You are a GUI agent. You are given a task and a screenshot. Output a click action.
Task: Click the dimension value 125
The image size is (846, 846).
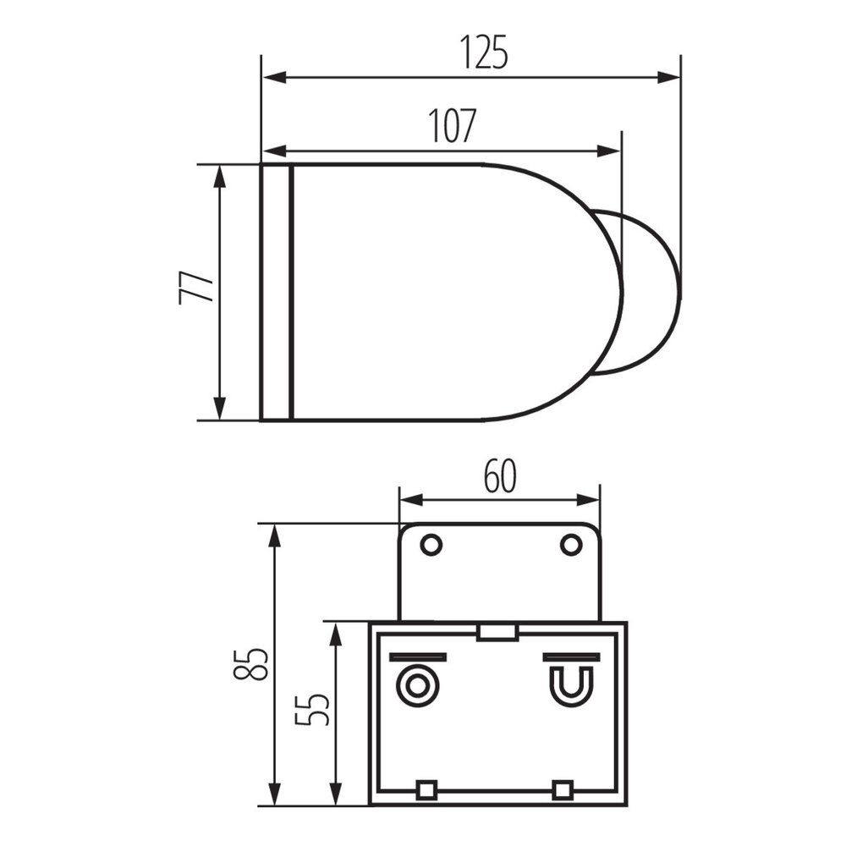click(485, 53)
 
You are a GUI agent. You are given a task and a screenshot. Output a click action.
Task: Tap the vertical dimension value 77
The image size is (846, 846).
click(194, 287)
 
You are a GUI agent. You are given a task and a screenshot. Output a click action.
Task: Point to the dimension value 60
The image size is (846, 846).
click(500, 478)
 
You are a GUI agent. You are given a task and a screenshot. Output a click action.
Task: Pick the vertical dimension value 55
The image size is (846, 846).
click(312, 710)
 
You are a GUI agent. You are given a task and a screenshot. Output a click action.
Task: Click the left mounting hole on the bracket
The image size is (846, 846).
click(431, 545)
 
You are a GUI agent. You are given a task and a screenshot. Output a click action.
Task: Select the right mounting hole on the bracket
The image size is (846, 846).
click(571, 545)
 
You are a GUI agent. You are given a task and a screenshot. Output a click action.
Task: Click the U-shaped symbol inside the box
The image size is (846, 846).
click(571, 684)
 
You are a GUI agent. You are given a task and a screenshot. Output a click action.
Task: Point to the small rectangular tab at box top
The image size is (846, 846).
click(497, 632)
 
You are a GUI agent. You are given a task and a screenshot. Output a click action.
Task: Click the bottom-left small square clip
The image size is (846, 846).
click(426, 790)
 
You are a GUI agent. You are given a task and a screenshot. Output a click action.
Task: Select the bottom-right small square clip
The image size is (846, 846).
click(562, 790)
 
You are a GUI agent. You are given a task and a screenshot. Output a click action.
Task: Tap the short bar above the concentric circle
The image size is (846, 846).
click(416, 657)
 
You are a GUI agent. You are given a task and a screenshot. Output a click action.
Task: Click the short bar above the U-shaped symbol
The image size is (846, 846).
click(571, 657)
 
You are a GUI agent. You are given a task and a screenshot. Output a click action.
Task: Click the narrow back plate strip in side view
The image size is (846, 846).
click(275, 292)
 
